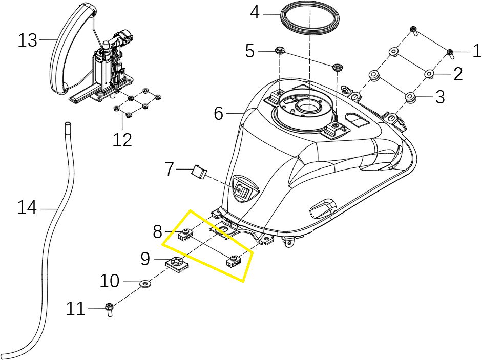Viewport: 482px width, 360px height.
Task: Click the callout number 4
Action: tap(255, 12)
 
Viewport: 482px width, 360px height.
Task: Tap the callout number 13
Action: tap(28, 40)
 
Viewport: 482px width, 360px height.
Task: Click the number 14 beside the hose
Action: tap(27, 208)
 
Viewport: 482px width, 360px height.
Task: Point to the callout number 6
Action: tap(219, 113)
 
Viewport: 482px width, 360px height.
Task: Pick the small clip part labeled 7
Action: tap(198, 171)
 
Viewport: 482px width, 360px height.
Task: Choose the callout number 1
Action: tap(476, 51)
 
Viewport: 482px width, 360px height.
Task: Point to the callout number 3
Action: tap(440, 97)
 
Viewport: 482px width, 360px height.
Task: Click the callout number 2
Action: tap(458, 74)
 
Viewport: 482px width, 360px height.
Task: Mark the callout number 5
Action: tap(250, 51)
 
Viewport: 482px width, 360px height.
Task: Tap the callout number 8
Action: tap(158, 232)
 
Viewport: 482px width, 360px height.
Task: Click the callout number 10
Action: tap(110, 281)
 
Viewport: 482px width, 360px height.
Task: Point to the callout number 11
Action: tap(76, 309)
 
